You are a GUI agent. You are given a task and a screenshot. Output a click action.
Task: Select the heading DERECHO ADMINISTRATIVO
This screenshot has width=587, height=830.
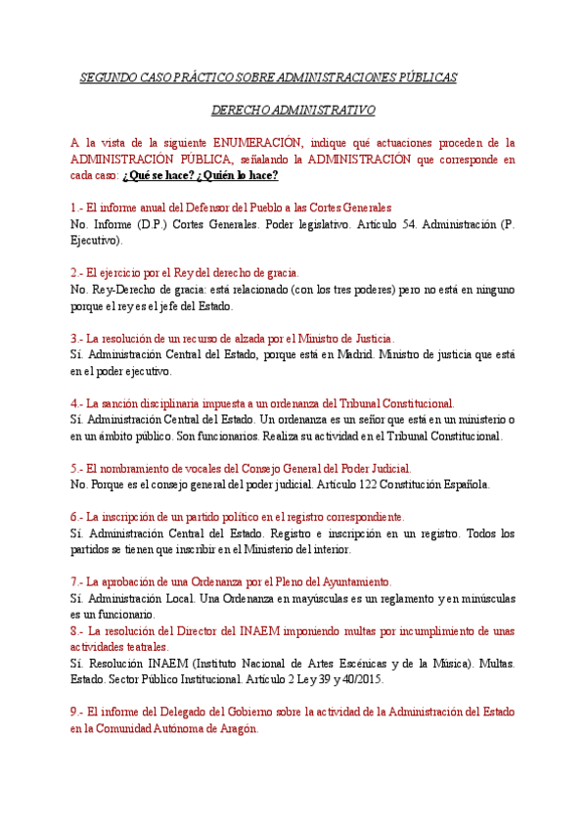pos(293,111)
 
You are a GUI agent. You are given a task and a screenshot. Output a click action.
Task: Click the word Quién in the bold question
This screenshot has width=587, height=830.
pos(224,175)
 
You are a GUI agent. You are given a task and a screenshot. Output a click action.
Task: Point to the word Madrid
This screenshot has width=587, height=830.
pos(350,354)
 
